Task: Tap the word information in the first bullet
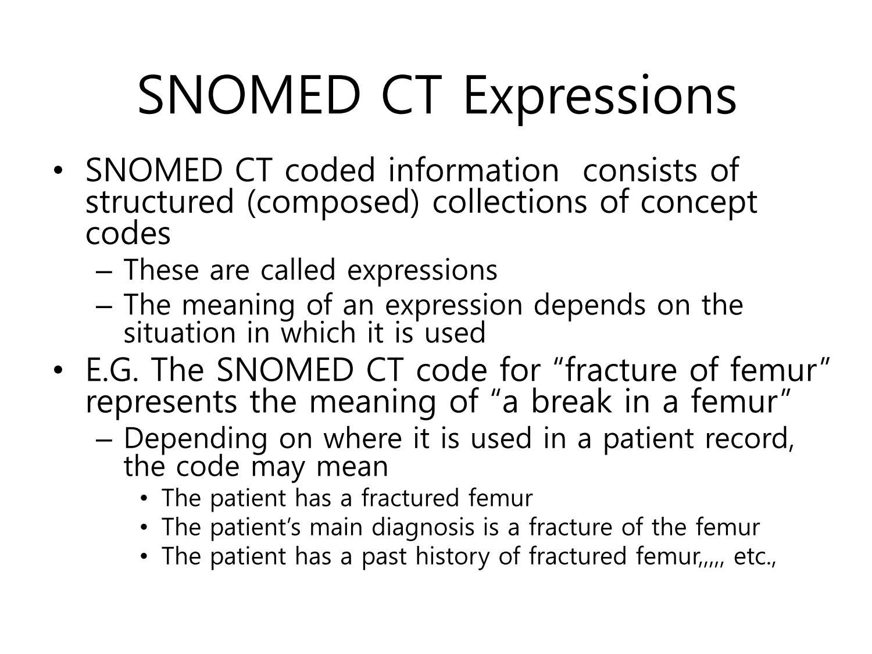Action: click(474, 170)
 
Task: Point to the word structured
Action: click(159, 202)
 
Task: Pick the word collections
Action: click(509, 202)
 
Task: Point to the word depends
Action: click(589, 306)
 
